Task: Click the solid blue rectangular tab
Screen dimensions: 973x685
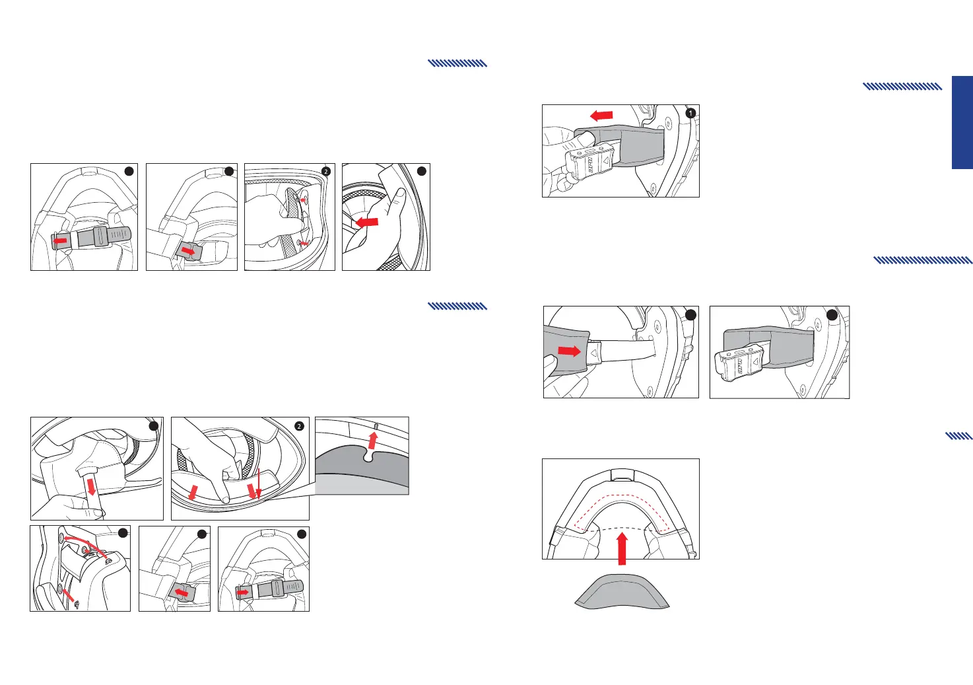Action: (x=962, y=122)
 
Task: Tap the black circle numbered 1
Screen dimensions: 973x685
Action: (x=690, y=113)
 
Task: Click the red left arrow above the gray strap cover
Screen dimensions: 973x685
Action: (x=601, y=116)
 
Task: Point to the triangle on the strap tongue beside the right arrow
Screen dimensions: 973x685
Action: (x=593, y=353)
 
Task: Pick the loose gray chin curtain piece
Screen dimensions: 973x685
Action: (x=621, y=591)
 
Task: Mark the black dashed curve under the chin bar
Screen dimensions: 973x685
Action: (x=621, y=528)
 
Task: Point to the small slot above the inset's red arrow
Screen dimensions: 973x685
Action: (x=376, y=425)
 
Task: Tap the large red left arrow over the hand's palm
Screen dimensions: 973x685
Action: (x=367, y=223)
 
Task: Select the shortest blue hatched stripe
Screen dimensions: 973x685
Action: (x=958, y=436)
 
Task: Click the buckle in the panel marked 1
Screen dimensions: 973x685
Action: (x=584, y=162)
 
